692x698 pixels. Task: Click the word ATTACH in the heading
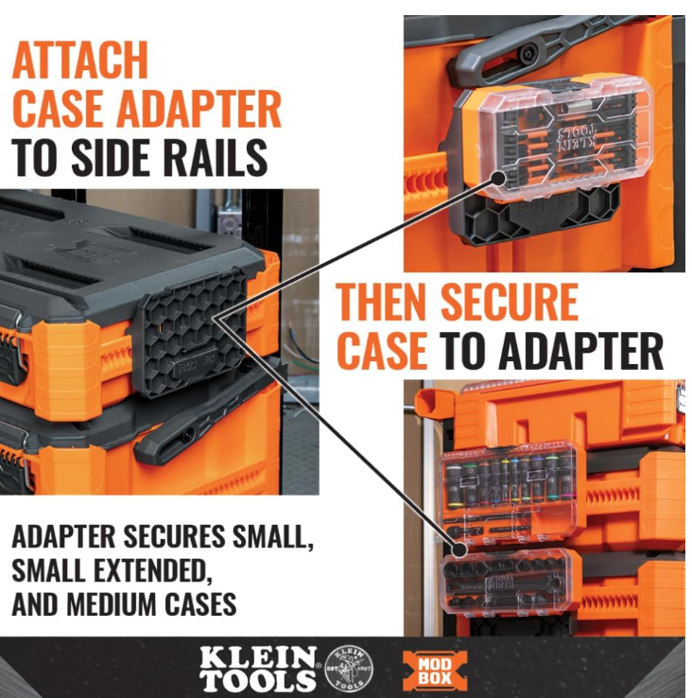pyautogui.click(x=80, y=61)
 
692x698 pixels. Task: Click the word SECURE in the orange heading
pyautogui.click(x=510, y=303)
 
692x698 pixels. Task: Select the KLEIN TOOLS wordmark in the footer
pyautogui.click(x=258, y=669)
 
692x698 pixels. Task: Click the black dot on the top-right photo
pyautogui.click(x=499, y=178)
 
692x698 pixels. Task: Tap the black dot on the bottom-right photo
pyautogui.click(x=460, y=550)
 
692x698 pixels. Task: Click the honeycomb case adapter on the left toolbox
pyautogui.click(x=190, y=333)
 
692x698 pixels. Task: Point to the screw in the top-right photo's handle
pyautogui.click(x=527, y=54)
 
